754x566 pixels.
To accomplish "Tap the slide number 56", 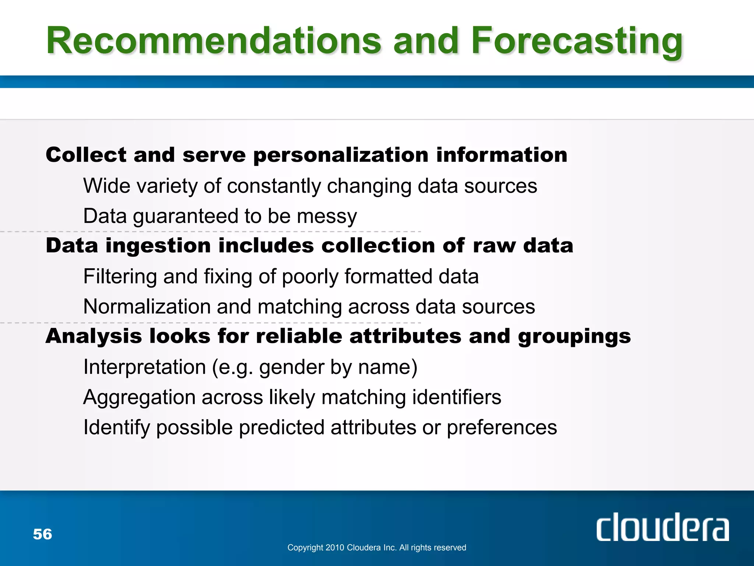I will (x=42, y=534).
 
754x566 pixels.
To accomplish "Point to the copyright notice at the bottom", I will (x=376, y=548).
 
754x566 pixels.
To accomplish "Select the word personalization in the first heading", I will (x=341, y=155).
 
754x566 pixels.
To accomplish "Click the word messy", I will (x=327, y=216).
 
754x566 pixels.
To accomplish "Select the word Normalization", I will (x=147, y=307).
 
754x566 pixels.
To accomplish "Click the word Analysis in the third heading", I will (x=94, y=336).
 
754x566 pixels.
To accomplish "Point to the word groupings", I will (x=574, y=336).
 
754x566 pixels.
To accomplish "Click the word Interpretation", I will (x=144, y=367).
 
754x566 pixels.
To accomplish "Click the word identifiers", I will (x=457, y=398).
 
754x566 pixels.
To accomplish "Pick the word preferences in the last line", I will (x=501, y=428).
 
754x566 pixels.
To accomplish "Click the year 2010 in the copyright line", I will (x=335, y=548).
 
